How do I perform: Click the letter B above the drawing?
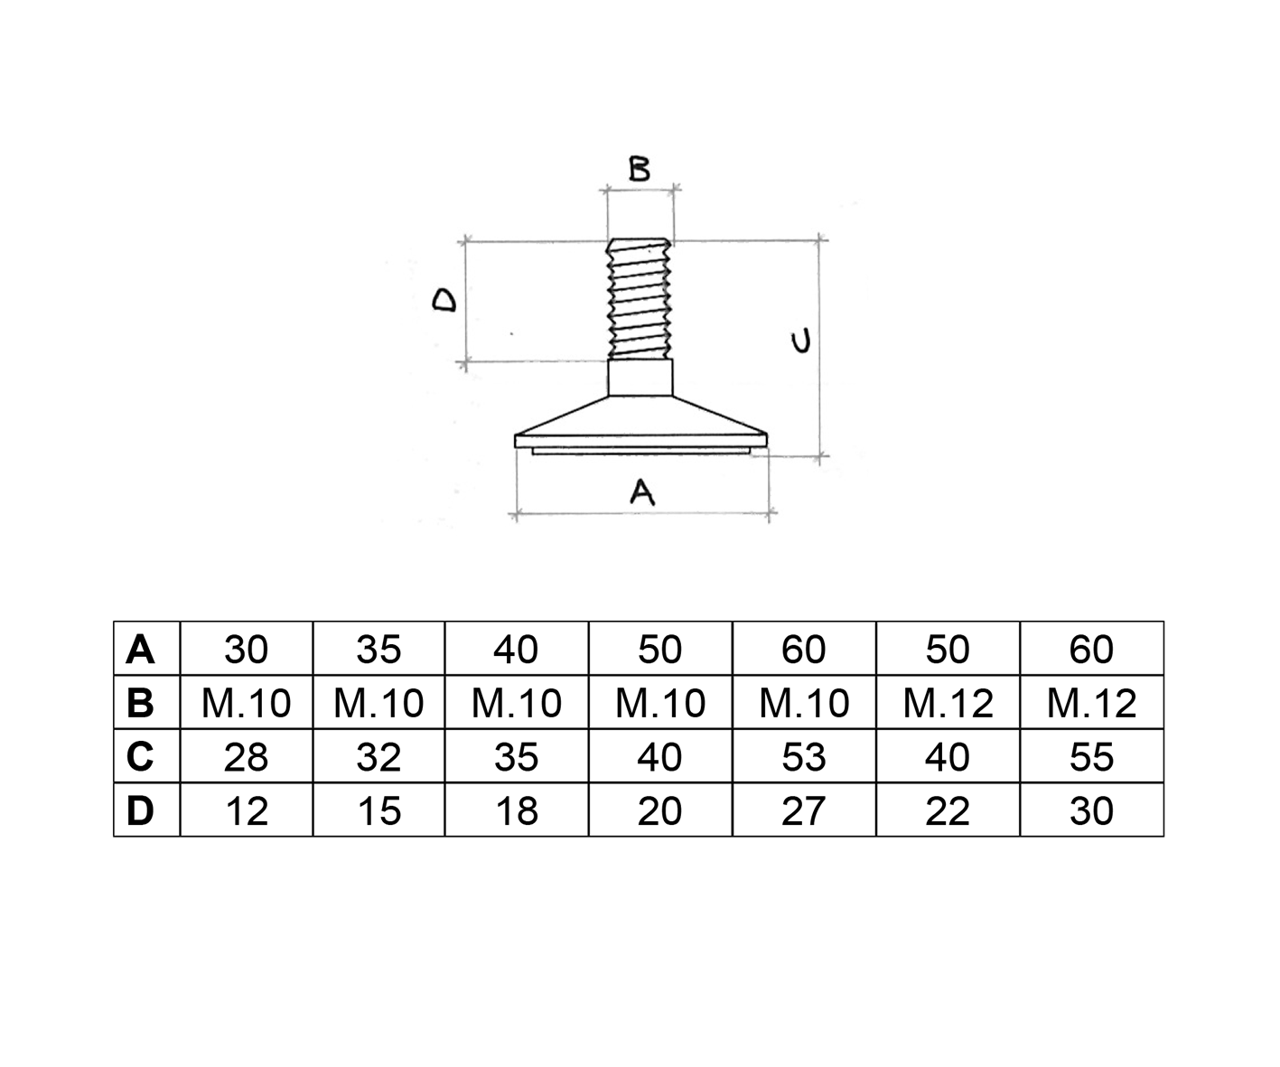[640, 169]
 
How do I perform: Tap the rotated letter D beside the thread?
[444, 301]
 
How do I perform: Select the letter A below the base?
[642, 493]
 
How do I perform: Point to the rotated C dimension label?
[800, 341]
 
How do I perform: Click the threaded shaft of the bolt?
[640, 299]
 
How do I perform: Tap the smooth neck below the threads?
[640, 377]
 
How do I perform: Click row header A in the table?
[140, 650]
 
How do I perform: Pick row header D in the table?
[140, 810]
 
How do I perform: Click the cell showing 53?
[804, 757]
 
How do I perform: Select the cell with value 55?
[1092, 757]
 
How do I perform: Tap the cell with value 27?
[804, 810]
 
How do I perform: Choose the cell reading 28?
[247, 757]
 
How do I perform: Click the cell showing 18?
[517, 810]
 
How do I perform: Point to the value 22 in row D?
[948, 810]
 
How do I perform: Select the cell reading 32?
[378, 757]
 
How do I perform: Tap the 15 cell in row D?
[378, 810]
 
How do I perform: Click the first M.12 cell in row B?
[948, 703]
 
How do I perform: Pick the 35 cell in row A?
[378, 650]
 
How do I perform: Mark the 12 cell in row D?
[247, 810]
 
